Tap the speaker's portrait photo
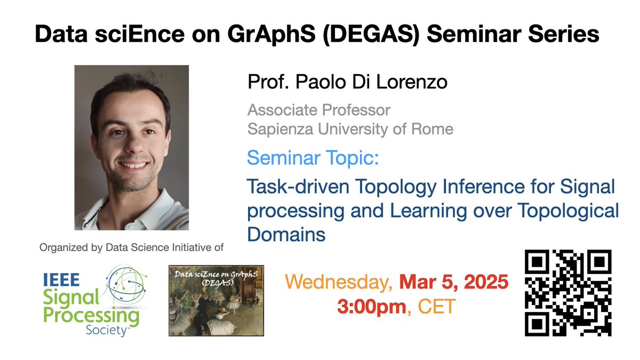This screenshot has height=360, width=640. [x=132, y=148]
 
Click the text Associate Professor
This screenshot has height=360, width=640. [x=318, y=111]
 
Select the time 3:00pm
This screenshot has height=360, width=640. [x=370, y=307]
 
